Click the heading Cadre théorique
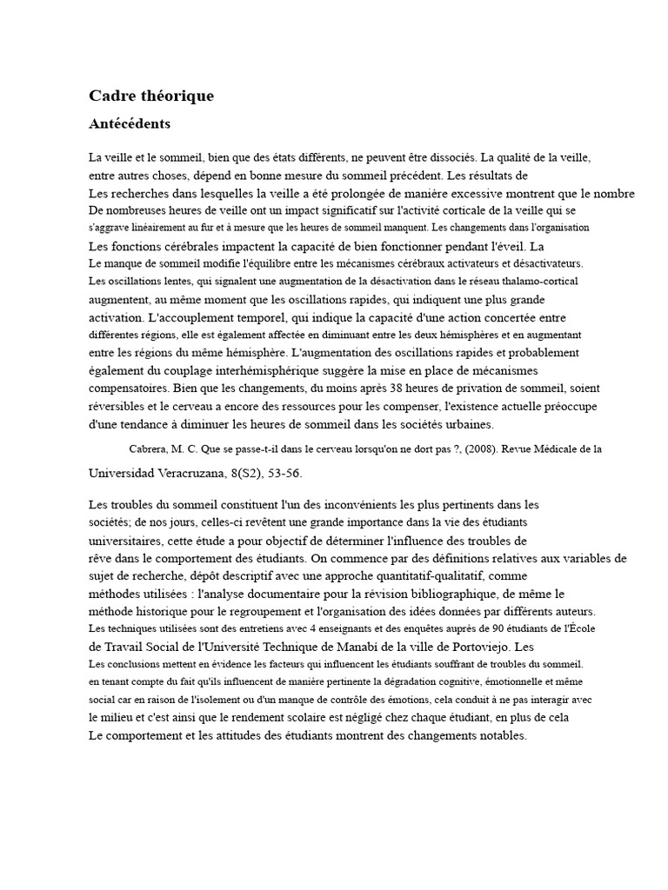coord(151,96)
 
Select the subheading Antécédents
coord(130,124)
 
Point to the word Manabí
coord(357,647)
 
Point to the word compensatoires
coord(130,388)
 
